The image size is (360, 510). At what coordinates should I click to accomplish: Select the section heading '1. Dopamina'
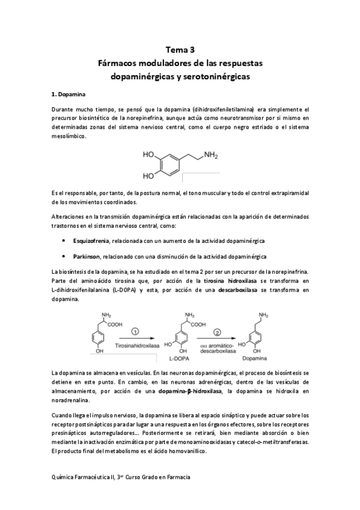[x=69, y=94]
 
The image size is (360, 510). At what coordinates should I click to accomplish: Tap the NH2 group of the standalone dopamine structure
[x=210, y=155]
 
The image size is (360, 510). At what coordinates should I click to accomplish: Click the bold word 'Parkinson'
[x=87, y=256]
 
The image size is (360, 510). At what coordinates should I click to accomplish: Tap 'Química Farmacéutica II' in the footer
[x=84, y=476]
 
